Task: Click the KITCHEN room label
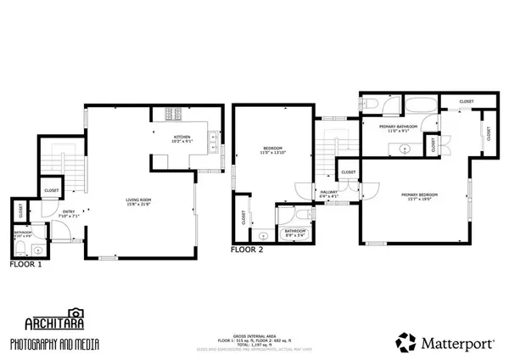click(182, 138)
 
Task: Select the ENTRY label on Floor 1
click(68, 213)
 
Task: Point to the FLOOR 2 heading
click(247, 250)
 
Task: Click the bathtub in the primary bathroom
click(420, 106)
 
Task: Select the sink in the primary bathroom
click(405, 149)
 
